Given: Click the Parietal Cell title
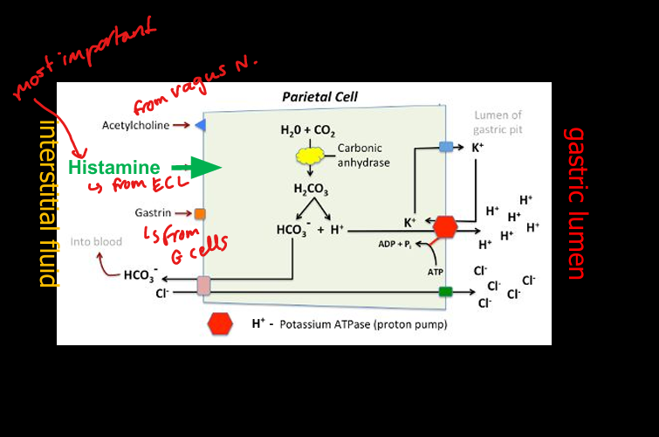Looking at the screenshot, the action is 319,97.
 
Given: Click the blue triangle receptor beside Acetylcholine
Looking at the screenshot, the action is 201,125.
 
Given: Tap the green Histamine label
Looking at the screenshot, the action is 113,168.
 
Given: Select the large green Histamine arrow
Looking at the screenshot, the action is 196,168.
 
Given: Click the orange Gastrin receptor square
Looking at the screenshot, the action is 200,214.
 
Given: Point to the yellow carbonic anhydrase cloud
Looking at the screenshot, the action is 310,156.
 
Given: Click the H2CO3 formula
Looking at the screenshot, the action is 311,189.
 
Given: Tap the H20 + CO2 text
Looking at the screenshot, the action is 307,130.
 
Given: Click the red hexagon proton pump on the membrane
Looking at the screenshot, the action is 445,227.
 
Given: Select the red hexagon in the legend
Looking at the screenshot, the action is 220,323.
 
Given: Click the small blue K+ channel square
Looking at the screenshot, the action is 446,147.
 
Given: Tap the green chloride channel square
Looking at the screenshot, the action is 445,291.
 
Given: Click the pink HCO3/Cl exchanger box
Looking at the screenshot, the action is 204,285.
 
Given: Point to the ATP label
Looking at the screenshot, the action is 436,273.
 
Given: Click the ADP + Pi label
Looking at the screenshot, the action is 395,244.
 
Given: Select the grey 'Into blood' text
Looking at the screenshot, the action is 96,241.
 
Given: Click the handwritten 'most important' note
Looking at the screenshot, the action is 84,58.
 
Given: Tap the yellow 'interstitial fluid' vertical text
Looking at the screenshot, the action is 49,204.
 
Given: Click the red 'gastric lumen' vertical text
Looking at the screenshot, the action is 575,204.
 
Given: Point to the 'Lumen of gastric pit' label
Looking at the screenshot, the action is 498,122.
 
